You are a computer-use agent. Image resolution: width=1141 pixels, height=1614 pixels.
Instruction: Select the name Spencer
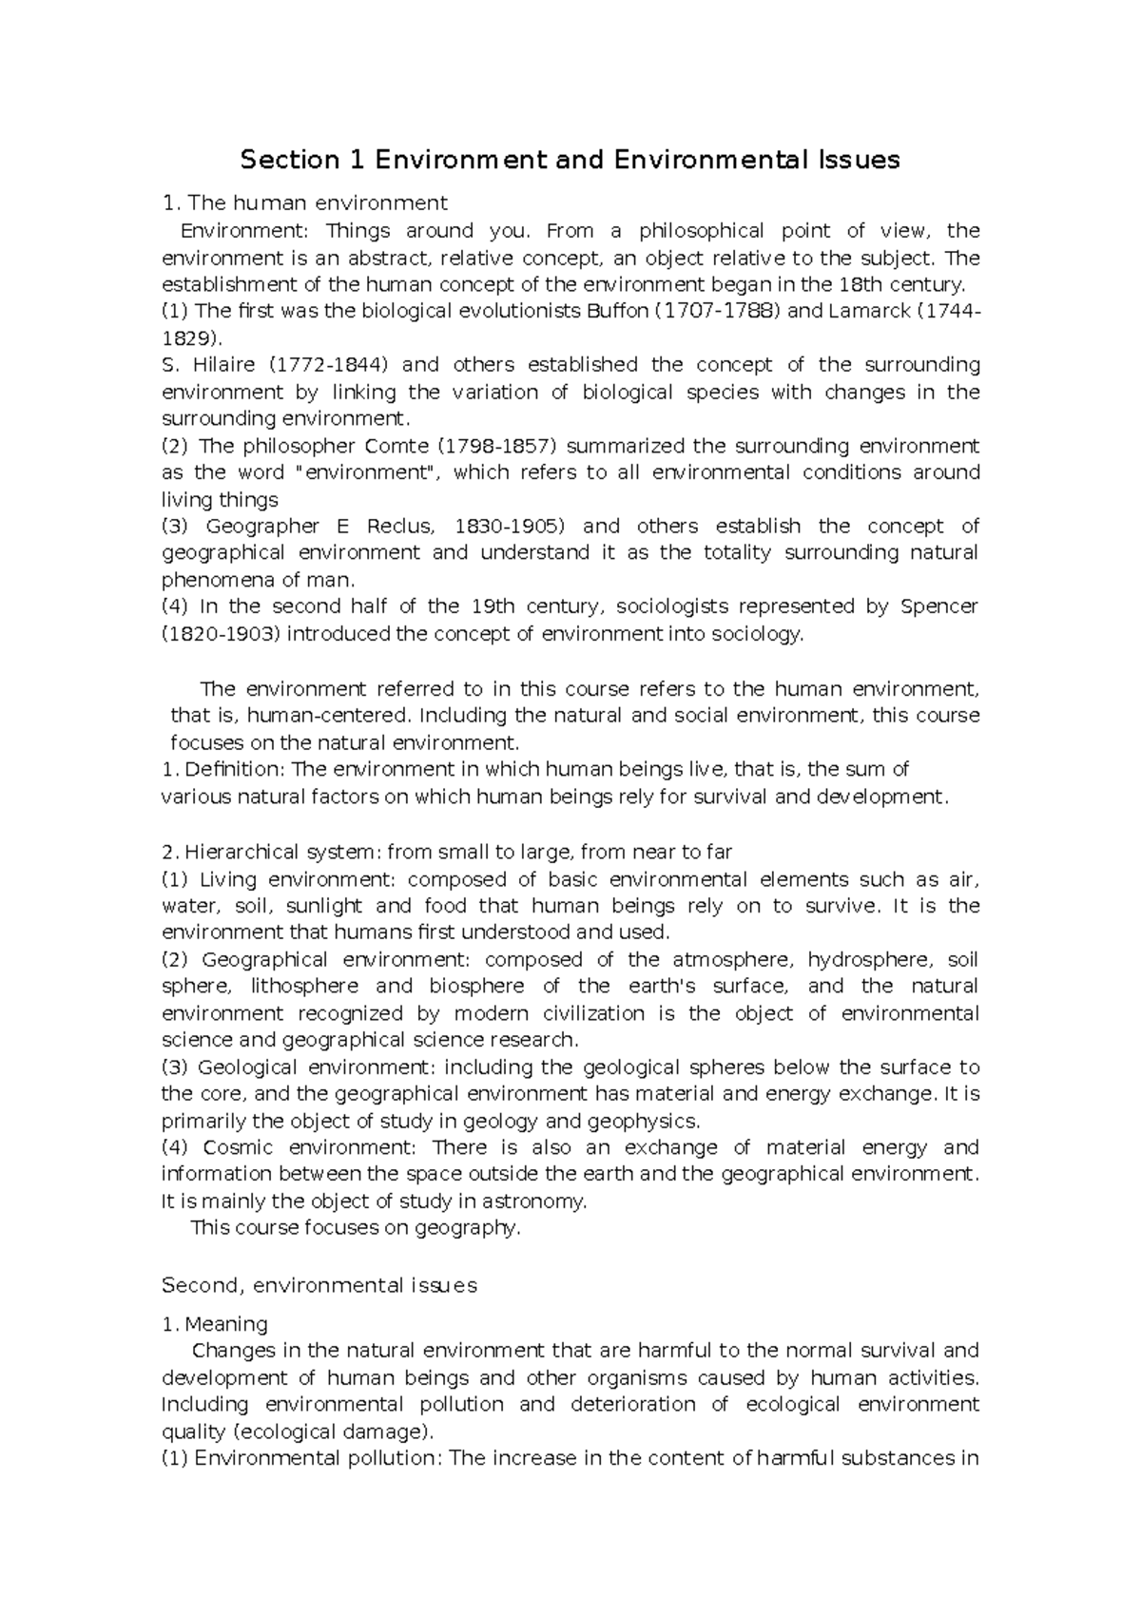[x=938, y=606]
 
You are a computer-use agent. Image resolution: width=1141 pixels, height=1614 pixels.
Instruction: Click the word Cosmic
[x=238, y=1147]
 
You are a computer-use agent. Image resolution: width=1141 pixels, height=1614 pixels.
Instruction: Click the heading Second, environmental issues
[x=319, y=1285]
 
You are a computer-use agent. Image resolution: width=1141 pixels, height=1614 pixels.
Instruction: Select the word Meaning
[x=226, y=1324]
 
